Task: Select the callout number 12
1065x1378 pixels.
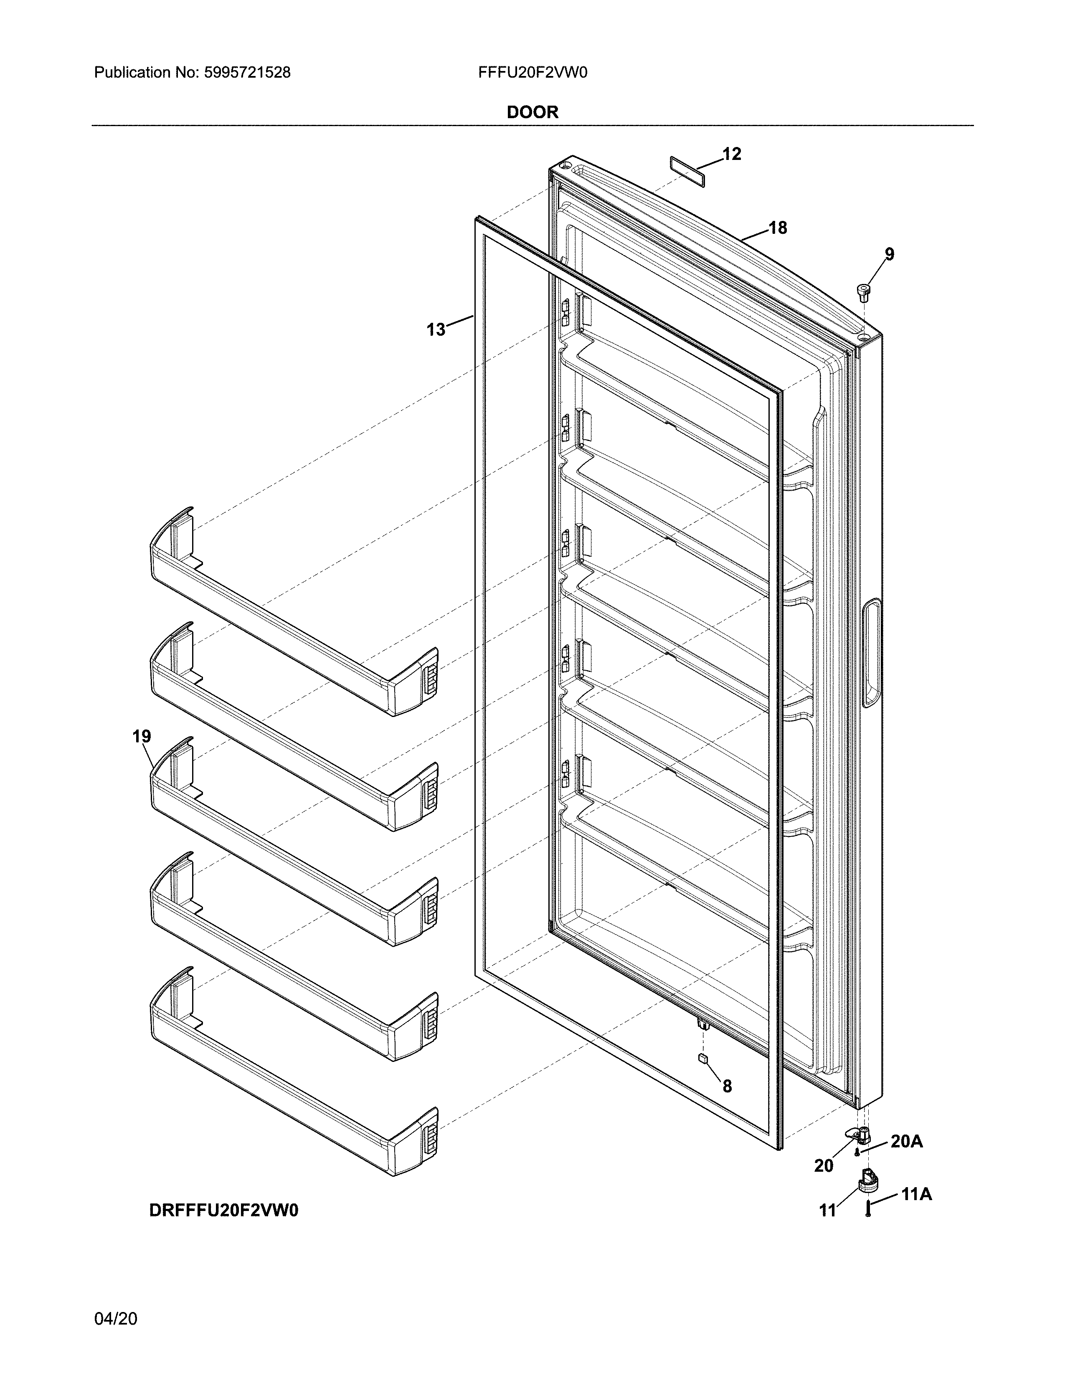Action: pos(731,154)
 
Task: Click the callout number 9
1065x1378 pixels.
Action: pos(889,254)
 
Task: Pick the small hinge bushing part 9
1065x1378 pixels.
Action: pos(862,292)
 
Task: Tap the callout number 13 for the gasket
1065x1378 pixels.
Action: pos(435,329)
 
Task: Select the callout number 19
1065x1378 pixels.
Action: pos(142,736)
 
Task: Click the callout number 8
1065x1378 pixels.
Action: pos(727,1086)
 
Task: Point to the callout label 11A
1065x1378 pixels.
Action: pos(916,1194)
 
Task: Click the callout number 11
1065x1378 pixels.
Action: pos(827,1210)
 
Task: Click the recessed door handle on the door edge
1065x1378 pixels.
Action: pos(871,653)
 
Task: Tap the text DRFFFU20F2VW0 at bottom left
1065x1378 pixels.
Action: pos(223,1210)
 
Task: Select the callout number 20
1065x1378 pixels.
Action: pos(823,1166)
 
